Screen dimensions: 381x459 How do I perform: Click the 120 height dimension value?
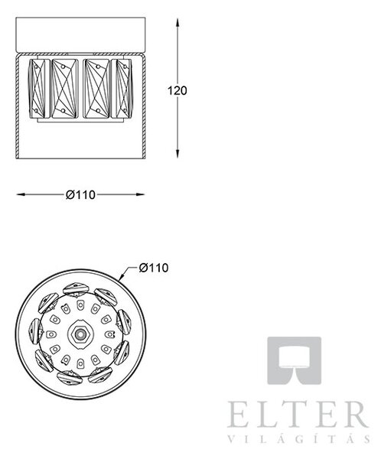point(177,91)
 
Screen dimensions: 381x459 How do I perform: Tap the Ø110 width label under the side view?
point(80,194)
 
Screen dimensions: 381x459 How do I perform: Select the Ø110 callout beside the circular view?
point(154,268)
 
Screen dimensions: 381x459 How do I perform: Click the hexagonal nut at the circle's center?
point(79,334)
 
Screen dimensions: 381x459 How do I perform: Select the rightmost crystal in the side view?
point(121,89)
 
